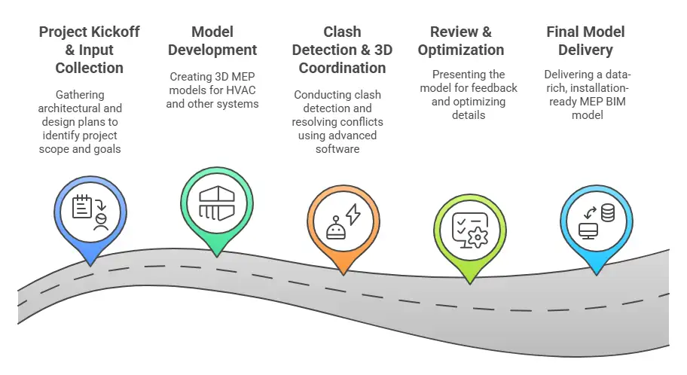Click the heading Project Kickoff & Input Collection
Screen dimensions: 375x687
pyautogui.click(x=89, y=50)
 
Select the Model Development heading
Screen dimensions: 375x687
pyautogui.click(x=212, y=41)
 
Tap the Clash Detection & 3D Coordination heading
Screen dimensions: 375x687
pyautogui.click(x=342, y=50)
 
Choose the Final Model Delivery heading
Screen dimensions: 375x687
pyautogui.click(x=587, y=41)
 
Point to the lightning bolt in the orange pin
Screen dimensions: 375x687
pyautogui.click(x=352, y=215)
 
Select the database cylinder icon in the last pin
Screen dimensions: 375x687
pyautogui.click(x=606, y=212)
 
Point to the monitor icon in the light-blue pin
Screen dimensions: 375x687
pyautogui.click(x=588, y=229)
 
